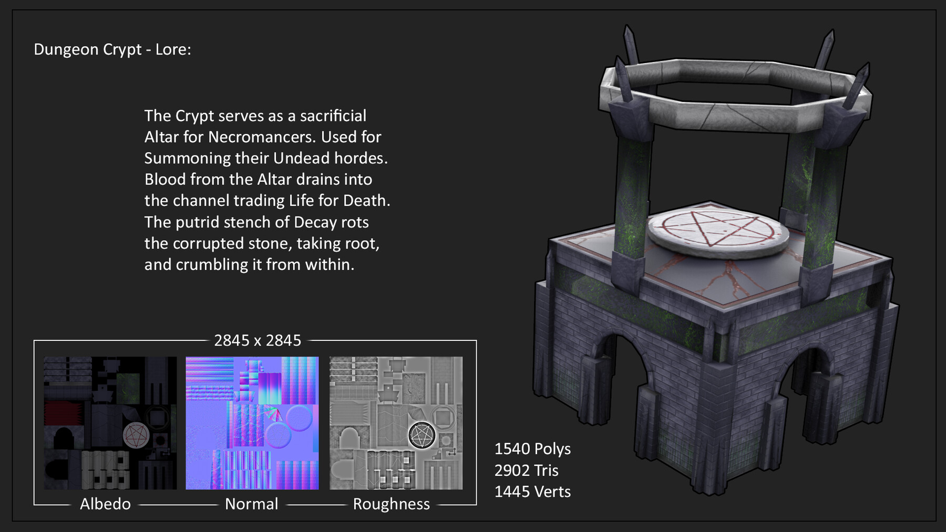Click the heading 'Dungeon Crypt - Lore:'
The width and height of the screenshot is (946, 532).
(x=112, y=49)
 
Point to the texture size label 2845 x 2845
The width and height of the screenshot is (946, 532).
(x=258, y=340)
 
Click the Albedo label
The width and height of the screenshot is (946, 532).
(x=105, y=504)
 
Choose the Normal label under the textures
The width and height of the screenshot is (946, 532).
(x=251, y=504)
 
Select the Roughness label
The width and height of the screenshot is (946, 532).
(x=391, y=504)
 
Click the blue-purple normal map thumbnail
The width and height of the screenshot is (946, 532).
(x=252, y=423)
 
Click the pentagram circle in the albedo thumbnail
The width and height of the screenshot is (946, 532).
(x=136, y=435)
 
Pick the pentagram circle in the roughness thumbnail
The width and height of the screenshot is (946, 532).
(x=422, y=435)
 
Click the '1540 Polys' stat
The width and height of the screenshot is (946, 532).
(x=532, y=449)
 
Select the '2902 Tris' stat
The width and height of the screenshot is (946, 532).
(x=526, y=470)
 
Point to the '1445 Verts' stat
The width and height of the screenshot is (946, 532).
(x=532, y=492)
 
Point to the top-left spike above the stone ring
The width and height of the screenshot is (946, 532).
(x=630, y=45)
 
